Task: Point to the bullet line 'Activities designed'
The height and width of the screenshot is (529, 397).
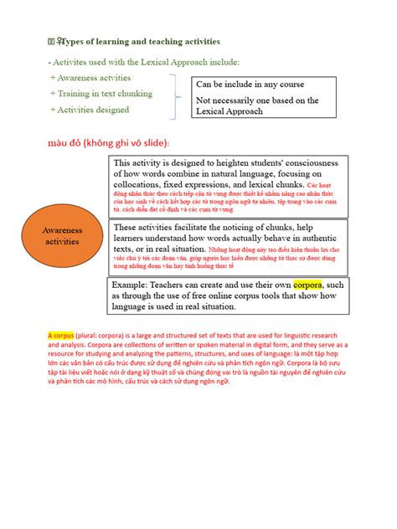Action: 90,110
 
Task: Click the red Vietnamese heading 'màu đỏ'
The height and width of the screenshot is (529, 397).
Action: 108,143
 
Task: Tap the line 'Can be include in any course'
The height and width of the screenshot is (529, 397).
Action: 250,85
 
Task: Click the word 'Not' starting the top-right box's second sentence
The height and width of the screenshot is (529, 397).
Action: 205,100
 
